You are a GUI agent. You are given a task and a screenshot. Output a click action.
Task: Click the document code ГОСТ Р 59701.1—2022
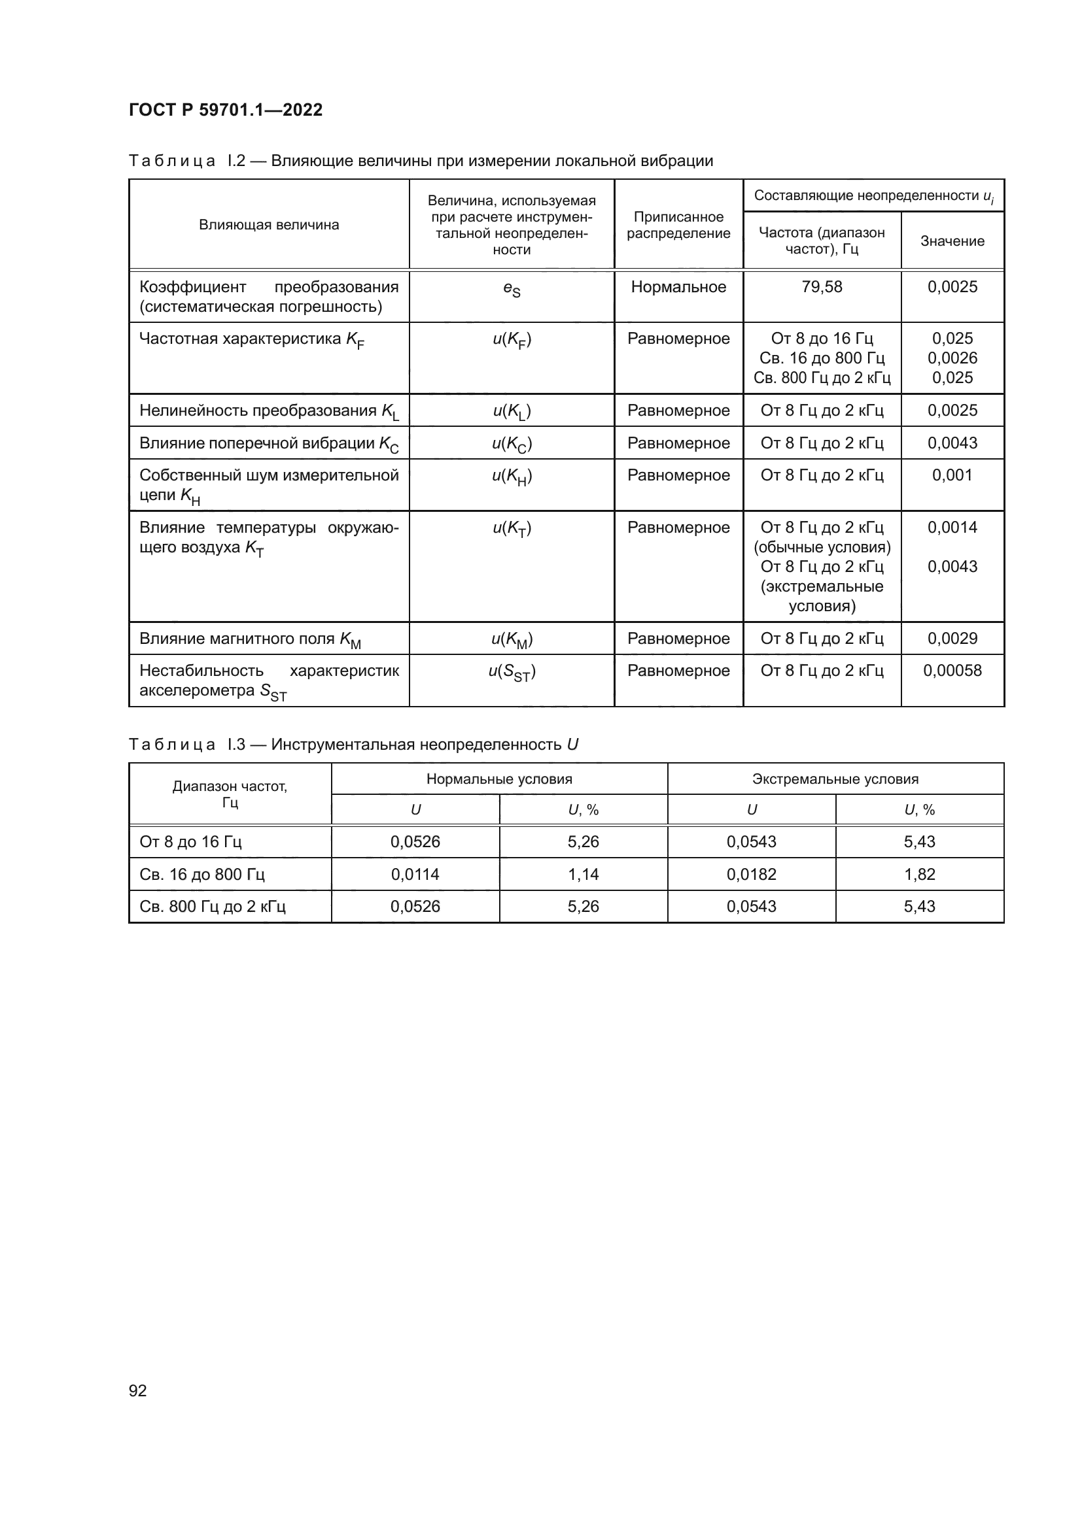[225, 110]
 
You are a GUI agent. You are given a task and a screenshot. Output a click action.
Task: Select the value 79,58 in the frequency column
[822, 287]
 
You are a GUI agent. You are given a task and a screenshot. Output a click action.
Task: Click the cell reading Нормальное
[678, 287]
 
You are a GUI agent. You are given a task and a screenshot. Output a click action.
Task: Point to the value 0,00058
[952, 671]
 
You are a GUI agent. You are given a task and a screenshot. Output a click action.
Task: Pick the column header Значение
[952, 241]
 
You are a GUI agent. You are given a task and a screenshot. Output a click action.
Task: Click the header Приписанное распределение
[678, 225]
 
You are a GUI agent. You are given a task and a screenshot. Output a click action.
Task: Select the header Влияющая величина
[268, 225]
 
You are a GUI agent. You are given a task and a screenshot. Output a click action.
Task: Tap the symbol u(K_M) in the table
[512, 639]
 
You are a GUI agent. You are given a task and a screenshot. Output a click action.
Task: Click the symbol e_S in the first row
[512, 288]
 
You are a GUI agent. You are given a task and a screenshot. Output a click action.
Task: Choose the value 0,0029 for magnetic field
[952, 639]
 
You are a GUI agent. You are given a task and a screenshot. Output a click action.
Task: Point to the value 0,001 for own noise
[952, 475]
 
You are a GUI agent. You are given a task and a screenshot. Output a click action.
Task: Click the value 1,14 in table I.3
[583, 875]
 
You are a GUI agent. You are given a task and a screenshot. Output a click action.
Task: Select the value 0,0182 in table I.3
[751, 875]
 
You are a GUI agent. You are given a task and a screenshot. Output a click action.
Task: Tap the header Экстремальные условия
[835, 779]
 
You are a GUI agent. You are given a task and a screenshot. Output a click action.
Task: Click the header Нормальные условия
[499, 779]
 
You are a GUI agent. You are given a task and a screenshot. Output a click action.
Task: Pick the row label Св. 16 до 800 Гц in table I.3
[202, 875]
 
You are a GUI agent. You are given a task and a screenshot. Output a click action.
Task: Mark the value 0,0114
[415, 875]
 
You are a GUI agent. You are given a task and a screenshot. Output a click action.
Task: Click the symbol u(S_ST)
[512, 672]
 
